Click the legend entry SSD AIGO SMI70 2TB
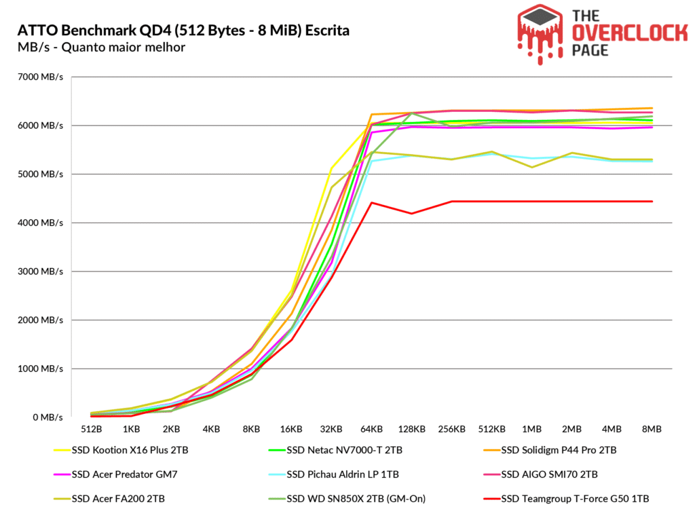pos(550,474)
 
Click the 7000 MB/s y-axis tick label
pos(40,77)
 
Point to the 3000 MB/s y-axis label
pos(40,271)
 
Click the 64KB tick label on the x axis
pos(371,430)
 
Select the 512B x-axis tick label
pos(91,430)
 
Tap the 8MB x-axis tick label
pos(652,430)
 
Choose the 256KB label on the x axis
pos(451,430)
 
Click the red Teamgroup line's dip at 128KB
pos(411,214)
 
